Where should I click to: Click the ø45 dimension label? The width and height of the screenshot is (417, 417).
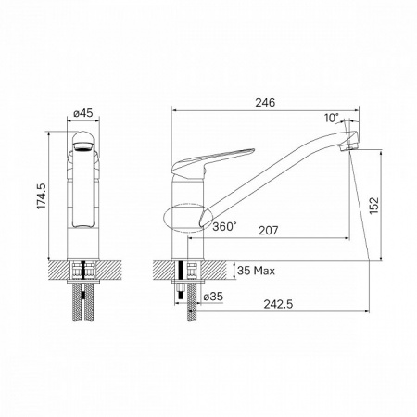[83, 114]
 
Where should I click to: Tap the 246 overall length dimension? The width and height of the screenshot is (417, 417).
[269, 104]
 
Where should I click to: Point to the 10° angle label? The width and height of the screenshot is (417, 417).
[332, 118]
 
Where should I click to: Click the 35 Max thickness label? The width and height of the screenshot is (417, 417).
[257, 271]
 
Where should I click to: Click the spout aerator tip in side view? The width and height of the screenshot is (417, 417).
[350, 146]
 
